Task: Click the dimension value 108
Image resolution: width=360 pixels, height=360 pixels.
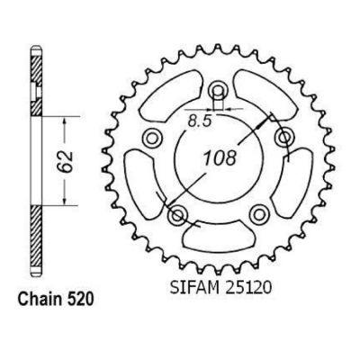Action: (x=220, y=158)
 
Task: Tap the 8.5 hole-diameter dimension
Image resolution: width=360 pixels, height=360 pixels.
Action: (x=200, y=121)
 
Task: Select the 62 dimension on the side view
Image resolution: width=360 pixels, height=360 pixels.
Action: (x=66, y=161)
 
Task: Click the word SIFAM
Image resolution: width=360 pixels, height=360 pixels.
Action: (x=190, y=287)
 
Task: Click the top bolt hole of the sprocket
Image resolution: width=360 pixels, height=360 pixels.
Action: (x=218, y=89)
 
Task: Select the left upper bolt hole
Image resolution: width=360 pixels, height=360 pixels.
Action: (x=152, y=138)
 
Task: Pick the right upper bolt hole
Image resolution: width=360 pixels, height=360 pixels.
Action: (x=284, y=138)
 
